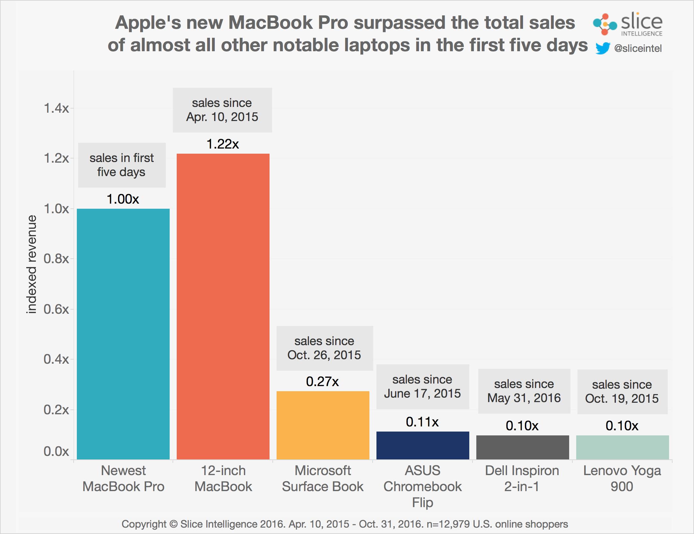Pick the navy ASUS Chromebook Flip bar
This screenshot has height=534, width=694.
click(x=423, y=445)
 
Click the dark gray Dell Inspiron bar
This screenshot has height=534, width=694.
click(x=522, y=447)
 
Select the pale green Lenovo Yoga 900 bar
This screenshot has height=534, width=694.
click(x=622, y=447)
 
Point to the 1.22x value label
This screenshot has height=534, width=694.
click(x=223, y=144)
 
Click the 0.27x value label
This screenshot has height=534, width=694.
click(x=322, y=381)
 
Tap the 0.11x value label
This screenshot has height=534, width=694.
click(x=422, y=422)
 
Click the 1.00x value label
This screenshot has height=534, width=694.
click(x=123, y=199)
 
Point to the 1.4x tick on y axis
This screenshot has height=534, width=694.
click(x=56, y=109)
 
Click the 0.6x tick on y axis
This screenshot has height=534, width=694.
click(x=56, y=309)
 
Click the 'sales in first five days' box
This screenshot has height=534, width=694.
click(x=122, y=165)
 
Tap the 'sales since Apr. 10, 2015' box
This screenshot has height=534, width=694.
click(x=222, y=110)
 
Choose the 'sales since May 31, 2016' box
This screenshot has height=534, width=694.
click(x=524, y=391)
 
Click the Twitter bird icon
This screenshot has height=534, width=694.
click(x=602, y=48)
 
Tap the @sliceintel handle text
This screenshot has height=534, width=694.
click(x=638, y=48)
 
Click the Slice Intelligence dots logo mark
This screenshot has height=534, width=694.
click(x=604, y=24)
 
